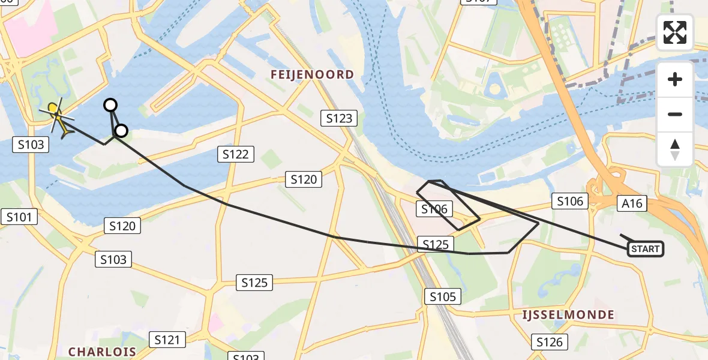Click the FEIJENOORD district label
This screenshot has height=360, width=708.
(312, 74)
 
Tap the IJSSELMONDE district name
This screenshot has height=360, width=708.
(568, 315)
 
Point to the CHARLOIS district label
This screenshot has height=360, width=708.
(102, 351)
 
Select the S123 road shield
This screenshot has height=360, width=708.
(339, 118)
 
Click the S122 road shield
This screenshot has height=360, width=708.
(235, 154)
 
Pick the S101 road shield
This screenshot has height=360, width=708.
(19, 217)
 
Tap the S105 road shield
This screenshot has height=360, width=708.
(443, 296)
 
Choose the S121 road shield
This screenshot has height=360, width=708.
(167, 340)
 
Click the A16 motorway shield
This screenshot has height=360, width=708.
(632, 203)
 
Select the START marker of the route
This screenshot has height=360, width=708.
(646, 249)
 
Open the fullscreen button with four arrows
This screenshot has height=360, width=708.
(675, 32)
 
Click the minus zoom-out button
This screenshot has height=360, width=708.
(675, 114)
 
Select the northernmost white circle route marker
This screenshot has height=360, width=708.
(110, 105)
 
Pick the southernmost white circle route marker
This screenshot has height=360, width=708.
(121, 130)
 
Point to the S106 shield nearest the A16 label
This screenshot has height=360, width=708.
(570, 201)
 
